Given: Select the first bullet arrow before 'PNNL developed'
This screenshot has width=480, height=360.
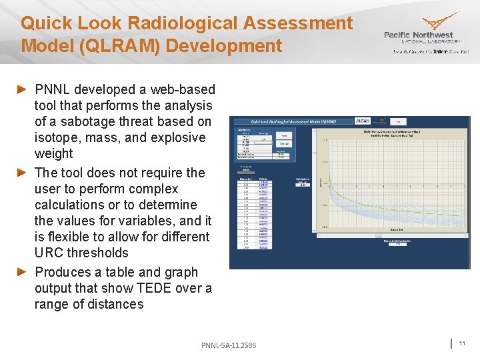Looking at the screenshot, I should click(21, 89).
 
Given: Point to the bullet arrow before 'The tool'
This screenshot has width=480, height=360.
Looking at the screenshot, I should click(21, 173).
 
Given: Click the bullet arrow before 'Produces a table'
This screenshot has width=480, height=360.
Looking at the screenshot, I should click(21, 272).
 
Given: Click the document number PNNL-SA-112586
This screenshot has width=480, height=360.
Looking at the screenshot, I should click(229, 345).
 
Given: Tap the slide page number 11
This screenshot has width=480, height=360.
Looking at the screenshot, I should click(461, 343).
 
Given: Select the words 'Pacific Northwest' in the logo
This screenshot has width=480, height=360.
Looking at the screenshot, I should click(418, 35).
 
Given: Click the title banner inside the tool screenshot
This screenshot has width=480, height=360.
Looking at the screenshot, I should click(287, 122).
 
